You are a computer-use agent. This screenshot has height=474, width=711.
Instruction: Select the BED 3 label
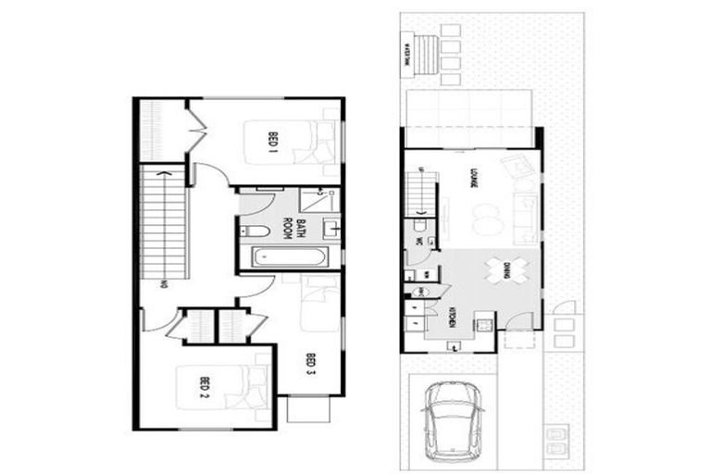(311, 364)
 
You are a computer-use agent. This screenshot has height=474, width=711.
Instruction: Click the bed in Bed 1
(318, 144)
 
